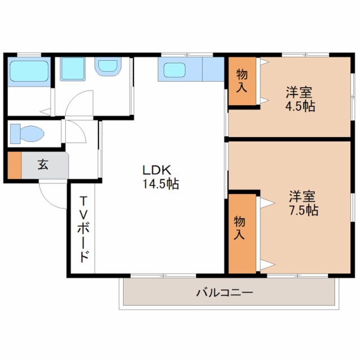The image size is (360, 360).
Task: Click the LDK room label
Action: click(157, 170)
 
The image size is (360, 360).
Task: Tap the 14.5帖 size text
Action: click(161, 184)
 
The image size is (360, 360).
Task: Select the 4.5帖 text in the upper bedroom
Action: click(300, 106)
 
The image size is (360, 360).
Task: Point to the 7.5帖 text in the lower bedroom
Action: click(304, 210)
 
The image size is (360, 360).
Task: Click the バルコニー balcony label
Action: click(224, 292)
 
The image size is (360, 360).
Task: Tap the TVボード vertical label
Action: click(83, 229)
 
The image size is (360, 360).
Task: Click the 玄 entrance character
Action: click(43, 164)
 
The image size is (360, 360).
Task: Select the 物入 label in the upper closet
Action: click(242, 80)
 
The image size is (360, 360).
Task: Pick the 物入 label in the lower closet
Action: click(240, 228)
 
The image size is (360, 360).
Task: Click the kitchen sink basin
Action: click(175, 70)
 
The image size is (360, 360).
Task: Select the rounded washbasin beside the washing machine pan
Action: click(107, 66)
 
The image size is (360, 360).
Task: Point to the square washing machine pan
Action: click(73, 69)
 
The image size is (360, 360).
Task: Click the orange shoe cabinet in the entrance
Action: click(15, 165)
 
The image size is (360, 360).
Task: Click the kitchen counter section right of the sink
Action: click(213, 69)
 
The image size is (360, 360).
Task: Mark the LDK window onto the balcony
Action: click(163, 276)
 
